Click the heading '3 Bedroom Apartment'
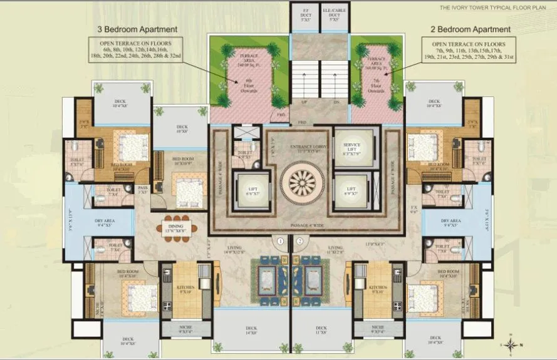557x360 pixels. point(137,29)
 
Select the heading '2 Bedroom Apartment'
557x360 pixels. point(471,29)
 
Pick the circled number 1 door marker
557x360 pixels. point(281,240)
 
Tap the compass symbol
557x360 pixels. point(512,344)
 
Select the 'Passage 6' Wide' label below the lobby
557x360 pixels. point(301,224)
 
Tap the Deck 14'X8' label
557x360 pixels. point(251,330)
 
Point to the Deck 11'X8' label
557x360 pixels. point(321,330)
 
